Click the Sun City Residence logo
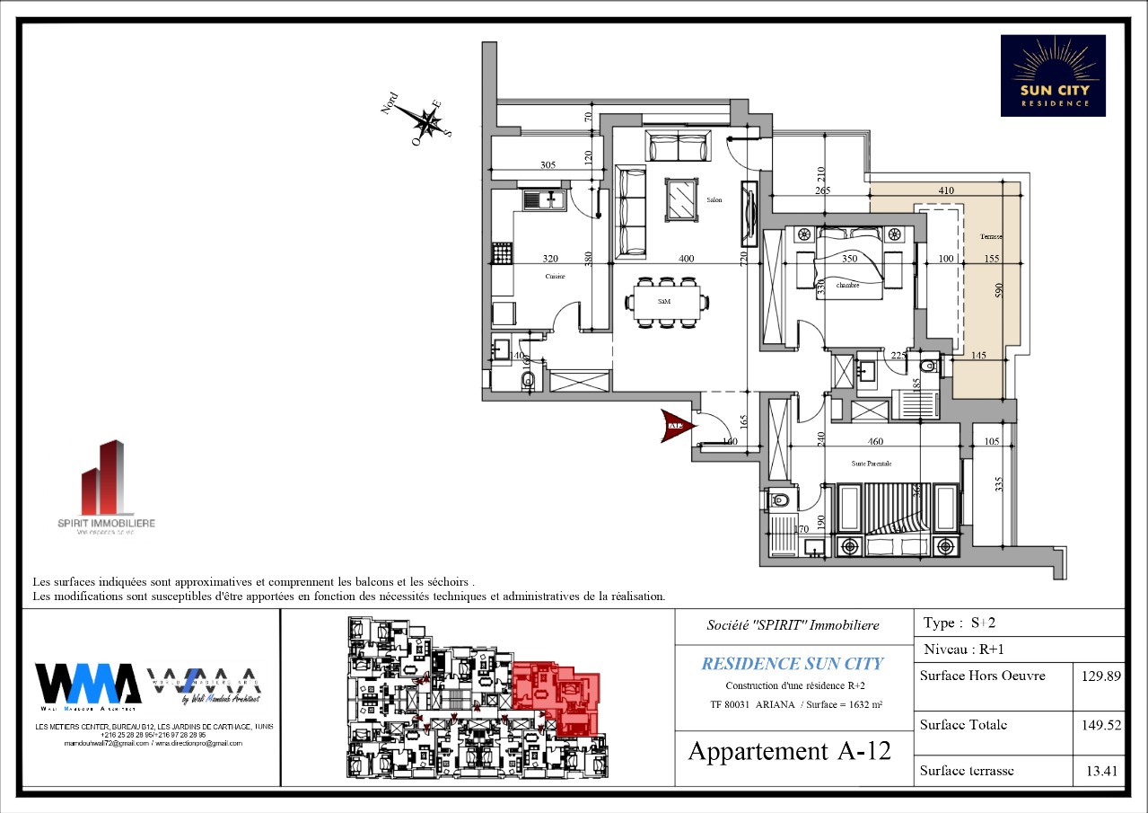coord(1053,75)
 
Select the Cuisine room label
coord(555,277)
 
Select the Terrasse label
coord(991,236)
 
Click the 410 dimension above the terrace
coord(945,190)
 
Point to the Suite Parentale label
coord(871,463)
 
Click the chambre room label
coord(847,285)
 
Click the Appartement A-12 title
coord(789,751)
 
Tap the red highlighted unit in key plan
coord(556,696)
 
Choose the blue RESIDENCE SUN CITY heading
coord(792,664)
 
